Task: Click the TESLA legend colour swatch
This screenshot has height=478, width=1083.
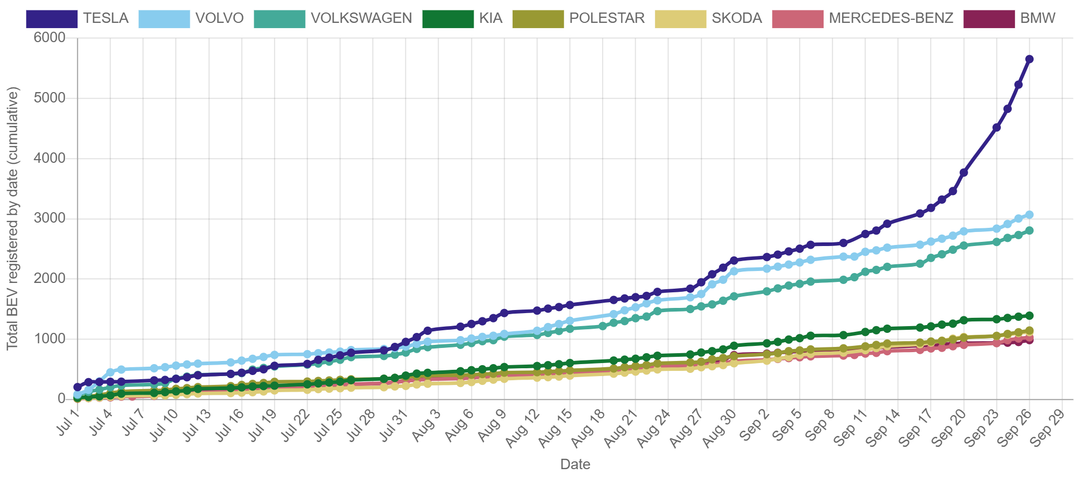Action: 52,19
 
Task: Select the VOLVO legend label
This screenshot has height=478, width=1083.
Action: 219,19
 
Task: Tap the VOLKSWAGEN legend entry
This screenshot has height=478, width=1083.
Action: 361,19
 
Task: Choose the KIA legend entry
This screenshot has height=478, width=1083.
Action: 490,19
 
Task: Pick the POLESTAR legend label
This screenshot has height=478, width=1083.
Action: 606,19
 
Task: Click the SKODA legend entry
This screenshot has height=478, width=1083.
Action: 736,19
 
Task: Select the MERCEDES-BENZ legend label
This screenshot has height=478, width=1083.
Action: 891,19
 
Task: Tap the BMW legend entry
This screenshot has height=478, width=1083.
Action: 1037,19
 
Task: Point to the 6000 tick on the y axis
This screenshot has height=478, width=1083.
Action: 50,37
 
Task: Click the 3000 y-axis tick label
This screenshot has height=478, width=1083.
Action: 50,218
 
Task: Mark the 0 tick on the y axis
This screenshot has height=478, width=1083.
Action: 61,398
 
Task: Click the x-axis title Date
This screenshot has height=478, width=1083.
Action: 575,464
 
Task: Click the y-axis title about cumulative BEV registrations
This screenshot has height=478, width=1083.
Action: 12,218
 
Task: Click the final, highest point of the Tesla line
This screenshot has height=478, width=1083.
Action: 1029,59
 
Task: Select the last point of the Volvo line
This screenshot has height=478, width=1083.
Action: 1029,214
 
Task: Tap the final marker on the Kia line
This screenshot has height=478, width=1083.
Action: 1029,316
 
